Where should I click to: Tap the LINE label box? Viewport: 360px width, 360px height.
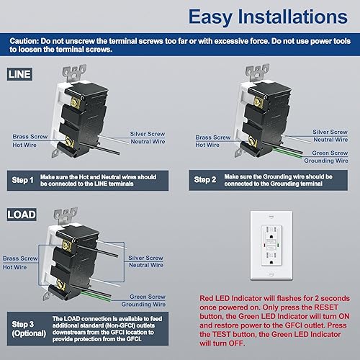tap(18, 73)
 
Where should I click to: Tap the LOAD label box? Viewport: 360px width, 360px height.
tap(19, 215)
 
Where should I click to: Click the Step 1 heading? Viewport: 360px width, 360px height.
tap(24, 179)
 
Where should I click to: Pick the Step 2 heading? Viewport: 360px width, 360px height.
tap(205, 179)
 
